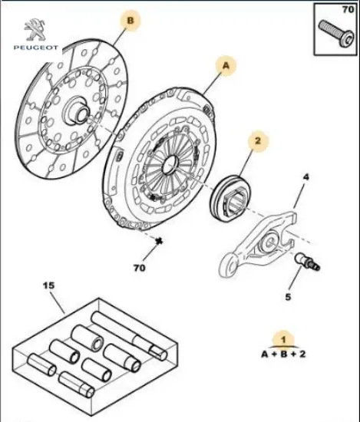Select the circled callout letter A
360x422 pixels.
(x=226, y=68)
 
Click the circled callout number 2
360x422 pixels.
(x=258, y=142)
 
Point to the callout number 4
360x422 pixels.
(x=305, y=178)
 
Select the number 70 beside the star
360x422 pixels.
(x=138, y=269)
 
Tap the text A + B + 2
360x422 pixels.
(x=282, y=354)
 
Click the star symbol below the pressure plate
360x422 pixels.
(x=160, y=241)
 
